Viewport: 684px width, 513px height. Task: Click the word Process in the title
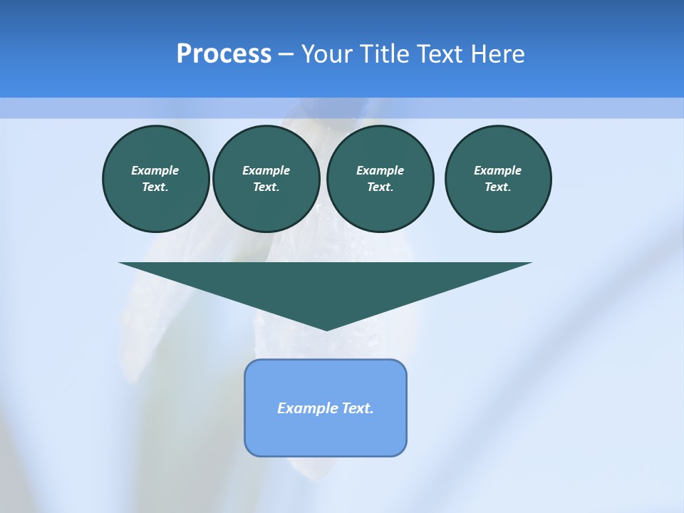224,54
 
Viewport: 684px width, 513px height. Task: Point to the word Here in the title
499,54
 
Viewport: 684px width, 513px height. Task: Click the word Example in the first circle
155,170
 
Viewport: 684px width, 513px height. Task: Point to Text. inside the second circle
266,187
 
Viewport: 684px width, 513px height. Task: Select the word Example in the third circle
380,170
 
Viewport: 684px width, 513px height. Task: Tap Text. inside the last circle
498,187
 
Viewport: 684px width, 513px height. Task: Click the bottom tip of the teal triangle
326,328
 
